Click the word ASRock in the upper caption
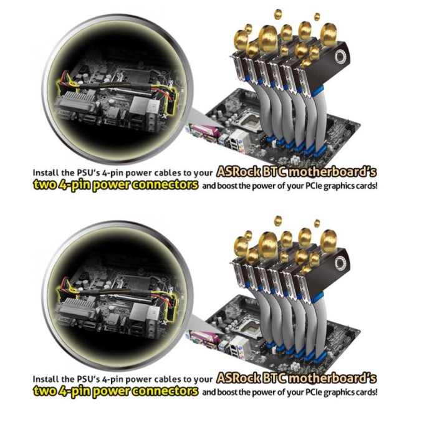[x=239, y=172]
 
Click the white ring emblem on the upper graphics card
[x=340, y=57]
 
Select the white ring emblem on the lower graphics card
[x=340, y=263]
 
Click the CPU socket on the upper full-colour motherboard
[x=251, y=122]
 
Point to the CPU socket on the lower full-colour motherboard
[x=251, y=328]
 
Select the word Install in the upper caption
[x=42, y=173]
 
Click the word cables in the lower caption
[x=168, y=379]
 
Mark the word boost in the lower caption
[x=228, y=392]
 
